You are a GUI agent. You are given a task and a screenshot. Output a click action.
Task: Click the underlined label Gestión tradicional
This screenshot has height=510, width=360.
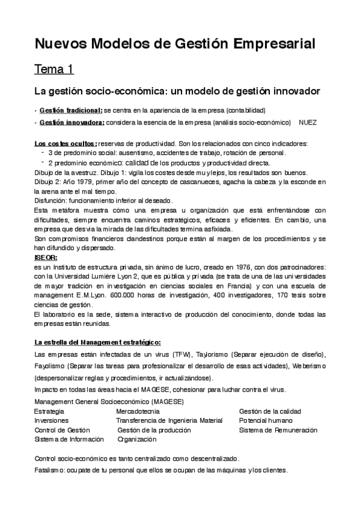(70, 111)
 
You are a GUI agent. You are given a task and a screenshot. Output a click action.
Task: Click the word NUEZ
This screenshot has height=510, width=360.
(308, 122)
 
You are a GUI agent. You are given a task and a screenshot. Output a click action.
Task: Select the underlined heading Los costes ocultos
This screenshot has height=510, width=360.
(65, 144)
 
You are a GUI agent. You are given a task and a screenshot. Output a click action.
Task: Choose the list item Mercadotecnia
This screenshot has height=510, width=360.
(138, 411)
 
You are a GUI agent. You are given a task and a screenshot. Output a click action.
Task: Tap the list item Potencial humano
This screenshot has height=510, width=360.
(266, 420)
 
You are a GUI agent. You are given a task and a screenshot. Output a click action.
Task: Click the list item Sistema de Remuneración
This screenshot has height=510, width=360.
(278, 430)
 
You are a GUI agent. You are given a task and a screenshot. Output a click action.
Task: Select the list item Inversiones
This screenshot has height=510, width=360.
(52, 420)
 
